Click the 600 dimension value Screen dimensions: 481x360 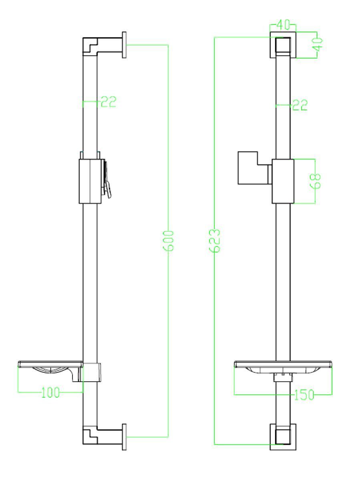point(169,240)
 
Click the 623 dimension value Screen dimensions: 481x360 point(216,240)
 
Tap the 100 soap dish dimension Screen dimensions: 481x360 point(50,392)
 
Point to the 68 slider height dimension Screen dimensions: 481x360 point(316,181)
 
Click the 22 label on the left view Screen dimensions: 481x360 point(108,102)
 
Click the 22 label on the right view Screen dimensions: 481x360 point(300,105)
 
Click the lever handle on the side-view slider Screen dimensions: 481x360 point(108,185)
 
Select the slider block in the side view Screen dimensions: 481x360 point(91,181)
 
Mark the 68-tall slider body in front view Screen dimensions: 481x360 point(284,181)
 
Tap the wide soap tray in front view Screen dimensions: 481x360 point(284,366)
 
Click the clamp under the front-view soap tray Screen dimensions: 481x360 point(283,377)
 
